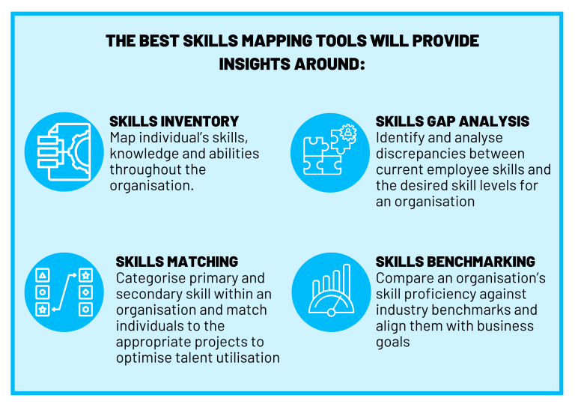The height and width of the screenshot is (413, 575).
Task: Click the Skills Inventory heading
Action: point(174,121)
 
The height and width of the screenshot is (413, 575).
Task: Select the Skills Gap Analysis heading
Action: point(452,121)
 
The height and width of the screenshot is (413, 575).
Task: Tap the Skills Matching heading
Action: point(177,262)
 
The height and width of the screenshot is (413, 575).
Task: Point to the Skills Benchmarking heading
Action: point(455,262)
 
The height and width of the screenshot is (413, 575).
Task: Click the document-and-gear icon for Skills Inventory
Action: point(64,151)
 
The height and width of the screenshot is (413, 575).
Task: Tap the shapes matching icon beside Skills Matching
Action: point(64,292)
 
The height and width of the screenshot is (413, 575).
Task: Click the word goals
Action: point(393,343)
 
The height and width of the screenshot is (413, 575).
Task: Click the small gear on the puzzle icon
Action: point(347,133)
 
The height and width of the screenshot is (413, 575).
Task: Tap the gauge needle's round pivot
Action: point(331,313)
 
